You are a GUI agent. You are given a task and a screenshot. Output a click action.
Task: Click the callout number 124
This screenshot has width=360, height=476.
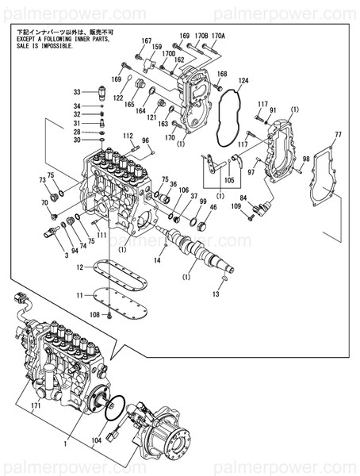tap(243, 81)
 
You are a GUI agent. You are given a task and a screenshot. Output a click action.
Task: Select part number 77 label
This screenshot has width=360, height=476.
tap(338, 135)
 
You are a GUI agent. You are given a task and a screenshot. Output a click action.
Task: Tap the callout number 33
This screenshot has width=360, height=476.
tap(77, 91)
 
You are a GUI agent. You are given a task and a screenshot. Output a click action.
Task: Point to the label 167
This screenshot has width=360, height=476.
tap(147, 40)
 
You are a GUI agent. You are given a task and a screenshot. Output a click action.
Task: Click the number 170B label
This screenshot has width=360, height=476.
tap(201, 36)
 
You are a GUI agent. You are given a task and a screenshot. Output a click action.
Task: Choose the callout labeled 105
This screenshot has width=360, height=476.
tap(228, 180)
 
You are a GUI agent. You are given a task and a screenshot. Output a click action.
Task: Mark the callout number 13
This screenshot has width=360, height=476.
tap(216, 294)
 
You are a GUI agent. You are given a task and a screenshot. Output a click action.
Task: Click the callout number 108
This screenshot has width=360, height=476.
tap(94, 315)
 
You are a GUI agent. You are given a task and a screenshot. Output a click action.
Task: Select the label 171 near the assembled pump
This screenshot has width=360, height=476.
tap(35, 405)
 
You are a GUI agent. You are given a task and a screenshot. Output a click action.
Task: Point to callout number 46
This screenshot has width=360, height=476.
tap(213, 207)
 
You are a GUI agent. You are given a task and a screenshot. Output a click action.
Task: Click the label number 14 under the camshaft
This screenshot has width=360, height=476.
tap(157, 259)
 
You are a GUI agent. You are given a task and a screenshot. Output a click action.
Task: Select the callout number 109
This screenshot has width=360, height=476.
tap(236, 206)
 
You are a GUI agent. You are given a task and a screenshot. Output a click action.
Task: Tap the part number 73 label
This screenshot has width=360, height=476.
tap(43, 181)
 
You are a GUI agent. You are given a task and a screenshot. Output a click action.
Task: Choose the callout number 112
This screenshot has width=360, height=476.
tap(128, 136)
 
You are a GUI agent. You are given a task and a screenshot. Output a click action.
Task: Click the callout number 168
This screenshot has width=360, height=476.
tap(222, 74)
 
